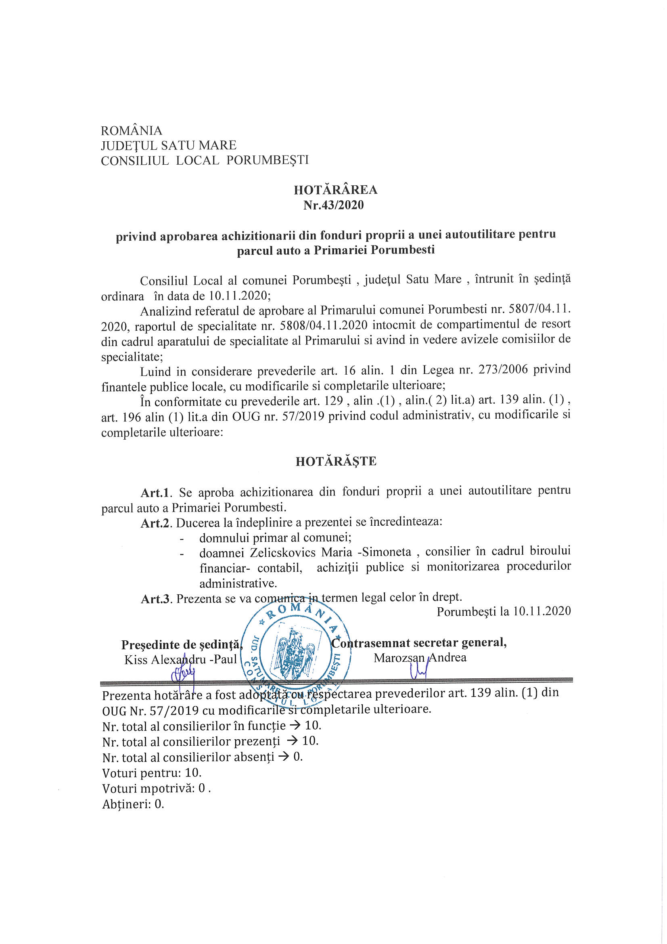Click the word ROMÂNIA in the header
(x=132, y=131)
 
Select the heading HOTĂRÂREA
(x=335, y=189)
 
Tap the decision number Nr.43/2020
(x=333, y=205)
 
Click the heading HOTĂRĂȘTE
(x=336, y=462)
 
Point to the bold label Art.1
(x=155, y=493)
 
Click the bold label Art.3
(x=155, y=599)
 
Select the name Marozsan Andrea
(x=420, y=658)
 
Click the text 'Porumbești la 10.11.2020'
(x=504, y=611)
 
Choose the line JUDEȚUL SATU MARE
(x=169, y=145)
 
